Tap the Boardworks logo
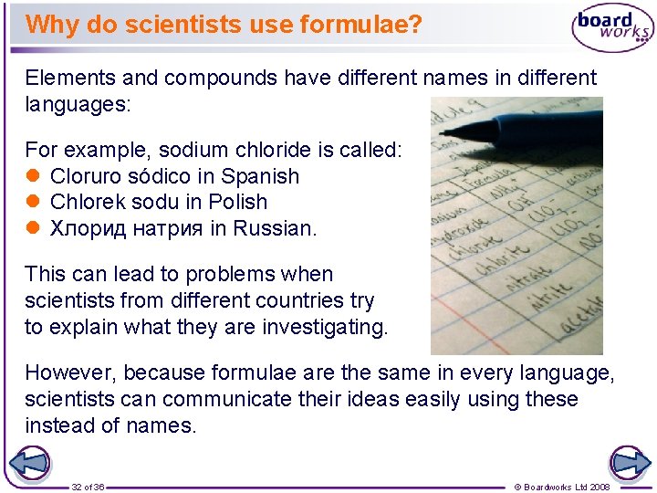(612, 28)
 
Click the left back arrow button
(29, 464)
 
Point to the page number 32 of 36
(88, 487)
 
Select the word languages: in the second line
(78, 103)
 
